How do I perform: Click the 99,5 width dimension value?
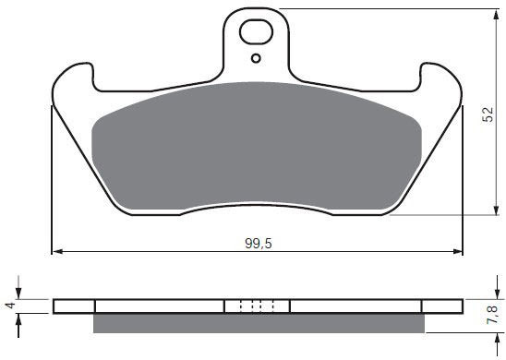coord(259,244)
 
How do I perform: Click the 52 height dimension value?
coord(488,114)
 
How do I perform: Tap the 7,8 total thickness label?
coord(492,315)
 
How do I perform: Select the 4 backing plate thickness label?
coord(11,305)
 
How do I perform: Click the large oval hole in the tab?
coord(256,31)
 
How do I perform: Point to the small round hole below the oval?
coord(256,58)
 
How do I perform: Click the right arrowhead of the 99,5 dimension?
coord(458,252)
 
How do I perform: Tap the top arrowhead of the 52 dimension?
coord(496,14)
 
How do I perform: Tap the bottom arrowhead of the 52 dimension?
coord(496,210)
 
